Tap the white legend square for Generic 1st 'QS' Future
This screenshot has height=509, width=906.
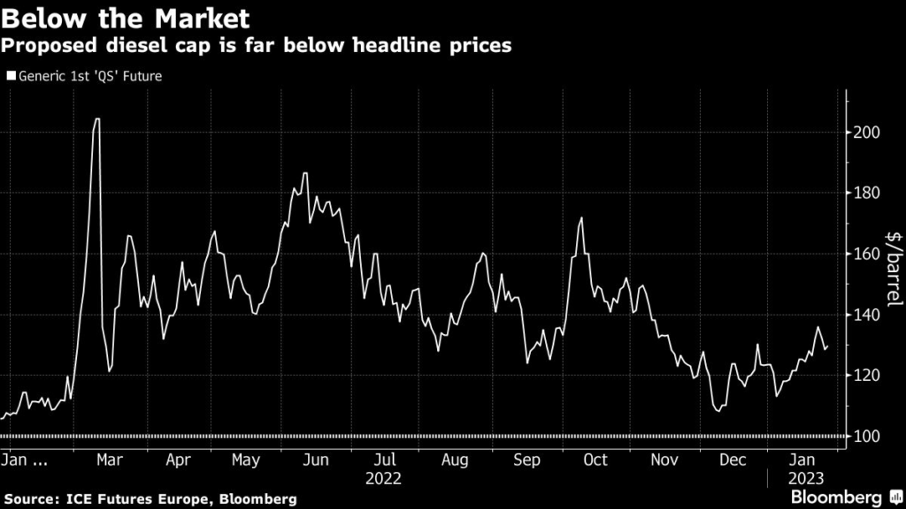click(11, 76)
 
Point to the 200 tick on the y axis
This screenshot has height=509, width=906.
click(867, 133)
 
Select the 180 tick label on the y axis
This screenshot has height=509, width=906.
click(867, 194)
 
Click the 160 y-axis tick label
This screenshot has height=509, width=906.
click(867, 254)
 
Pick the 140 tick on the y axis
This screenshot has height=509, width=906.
click(867, 315)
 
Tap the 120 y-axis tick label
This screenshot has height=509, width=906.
click(867, 376)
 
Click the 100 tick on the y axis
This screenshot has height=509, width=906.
click(867, 437)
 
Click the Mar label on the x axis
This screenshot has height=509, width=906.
click(108, 460)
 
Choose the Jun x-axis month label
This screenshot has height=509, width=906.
click(315, 460)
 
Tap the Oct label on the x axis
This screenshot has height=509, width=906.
click(595, 460)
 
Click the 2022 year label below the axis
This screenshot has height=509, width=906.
click(383, 479)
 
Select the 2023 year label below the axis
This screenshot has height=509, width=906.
click(805, 479)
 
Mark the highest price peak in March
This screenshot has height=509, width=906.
click(96, 118)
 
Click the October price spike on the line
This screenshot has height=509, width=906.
click(581, 218)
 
